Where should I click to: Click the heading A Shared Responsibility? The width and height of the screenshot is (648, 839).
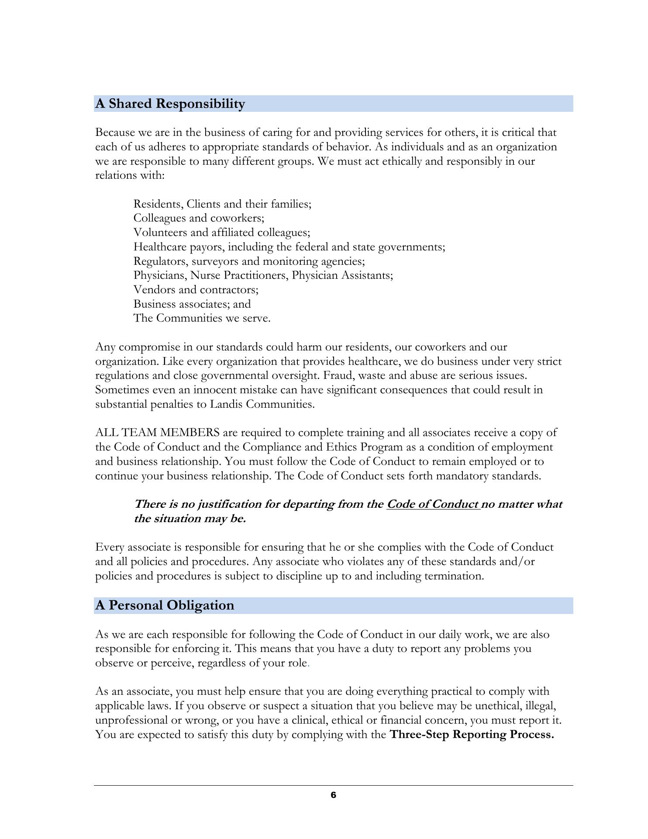tap(170, 104)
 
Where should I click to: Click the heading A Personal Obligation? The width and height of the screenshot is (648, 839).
tap(165, 606)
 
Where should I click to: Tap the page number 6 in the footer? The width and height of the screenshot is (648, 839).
tap(333, 795)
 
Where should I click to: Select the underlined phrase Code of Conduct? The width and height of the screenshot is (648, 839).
tap(433, 504)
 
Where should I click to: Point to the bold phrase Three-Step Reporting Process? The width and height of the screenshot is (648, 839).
tap(472, 735)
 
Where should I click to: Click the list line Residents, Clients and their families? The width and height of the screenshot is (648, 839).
tap(222, 204)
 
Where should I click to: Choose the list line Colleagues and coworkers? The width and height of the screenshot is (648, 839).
tap(199, 218)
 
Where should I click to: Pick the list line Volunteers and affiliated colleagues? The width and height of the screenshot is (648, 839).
tap(222, 232)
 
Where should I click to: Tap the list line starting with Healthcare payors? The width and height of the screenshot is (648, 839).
tap(289, 247)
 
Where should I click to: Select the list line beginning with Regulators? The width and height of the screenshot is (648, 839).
tap(249, 261)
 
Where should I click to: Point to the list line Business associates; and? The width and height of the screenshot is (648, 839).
tap(192, 304)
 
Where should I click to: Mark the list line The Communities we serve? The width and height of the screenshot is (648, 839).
tap(202, 319)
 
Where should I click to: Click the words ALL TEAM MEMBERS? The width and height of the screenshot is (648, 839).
tap(157, 433)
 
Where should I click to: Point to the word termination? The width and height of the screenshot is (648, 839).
tap(454, 576)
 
